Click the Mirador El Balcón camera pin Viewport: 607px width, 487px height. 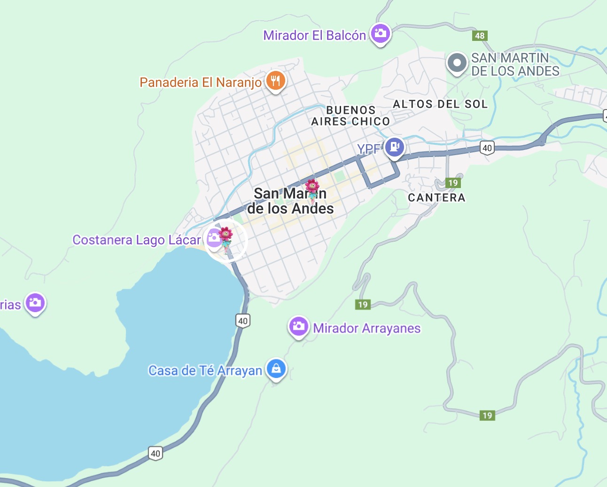point(380,34)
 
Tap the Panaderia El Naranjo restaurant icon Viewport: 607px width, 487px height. point(276,81)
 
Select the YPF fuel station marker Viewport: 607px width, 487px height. point(394,148)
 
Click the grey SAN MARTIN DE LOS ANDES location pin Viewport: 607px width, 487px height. point(457,63)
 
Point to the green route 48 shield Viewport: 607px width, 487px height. point(480,36)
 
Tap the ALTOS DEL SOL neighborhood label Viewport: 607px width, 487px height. point(440,104)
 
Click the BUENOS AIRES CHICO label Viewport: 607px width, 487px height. point(350,116)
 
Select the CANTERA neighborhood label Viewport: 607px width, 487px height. point(436,197)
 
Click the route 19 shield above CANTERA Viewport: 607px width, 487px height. point(453,183)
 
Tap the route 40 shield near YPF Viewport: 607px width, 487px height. point(487,148)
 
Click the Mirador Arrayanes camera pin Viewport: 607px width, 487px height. point(298,326)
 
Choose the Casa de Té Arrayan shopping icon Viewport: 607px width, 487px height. point(276,369)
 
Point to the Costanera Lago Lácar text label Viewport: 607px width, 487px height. point(137,240)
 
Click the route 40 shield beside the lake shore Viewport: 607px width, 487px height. point(242,321)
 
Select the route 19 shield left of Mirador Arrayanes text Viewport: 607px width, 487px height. point(363,305)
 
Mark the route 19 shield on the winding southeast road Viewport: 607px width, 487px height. point(487,415)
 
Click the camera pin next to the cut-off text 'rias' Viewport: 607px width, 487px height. point(35,303)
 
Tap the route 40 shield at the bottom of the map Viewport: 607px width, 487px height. point(156,454)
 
